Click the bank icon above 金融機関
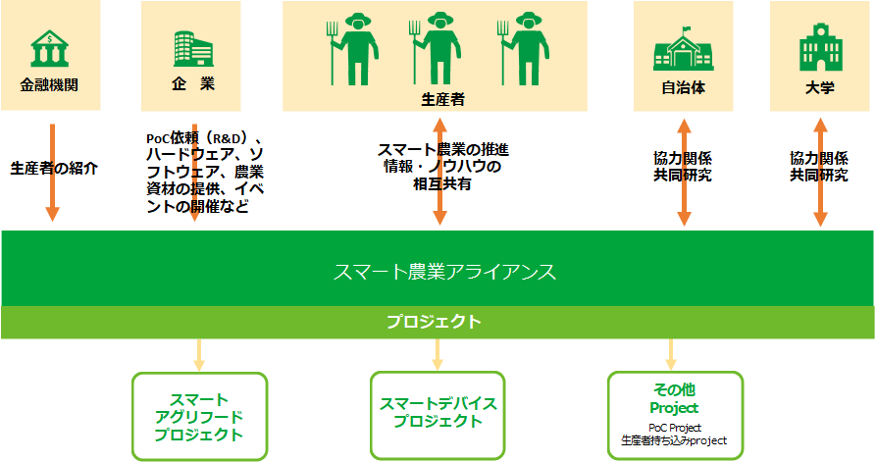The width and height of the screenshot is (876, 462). click(50, 49)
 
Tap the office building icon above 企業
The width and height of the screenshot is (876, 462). click(193, 49)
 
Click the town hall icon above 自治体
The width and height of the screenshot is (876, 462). click(683, 49)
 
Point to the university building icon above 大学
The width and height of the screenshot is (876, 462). click(820, 47)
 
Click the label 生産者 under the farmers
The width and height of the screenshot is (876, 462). click(442, 99)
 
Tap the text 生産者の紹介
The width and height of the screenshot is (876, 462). click(54, 168)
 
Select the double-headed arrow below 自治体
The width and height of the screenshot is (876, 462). click(684, 172)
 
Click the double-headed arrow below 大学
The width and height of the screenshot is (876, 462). click(820, 172)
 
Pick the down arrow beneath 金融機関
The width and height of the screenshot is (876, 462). click(53, 173)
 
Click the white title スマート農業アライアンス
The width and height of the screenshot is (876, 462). click(444, 272)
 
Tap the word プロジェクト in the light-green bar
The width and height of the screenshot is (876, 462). click(435, 322)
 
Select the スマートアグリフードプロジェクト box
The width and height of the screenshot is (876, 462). click(199, 416)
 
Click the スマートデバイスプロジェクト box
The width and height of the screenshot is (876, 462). click(438, 415)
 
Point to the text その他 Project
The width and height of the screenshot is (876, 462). click(674, 398)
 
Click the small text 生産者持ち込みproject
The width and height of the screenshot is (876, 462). click(674, 440)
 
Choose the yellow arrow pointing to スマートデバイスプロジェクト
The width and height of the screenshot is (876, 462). click(438, 355)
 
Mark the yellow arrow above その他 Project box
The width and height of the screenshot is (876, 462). click(672, 355)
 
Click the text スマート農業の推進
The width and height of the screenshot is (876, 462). click(443, 150)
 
